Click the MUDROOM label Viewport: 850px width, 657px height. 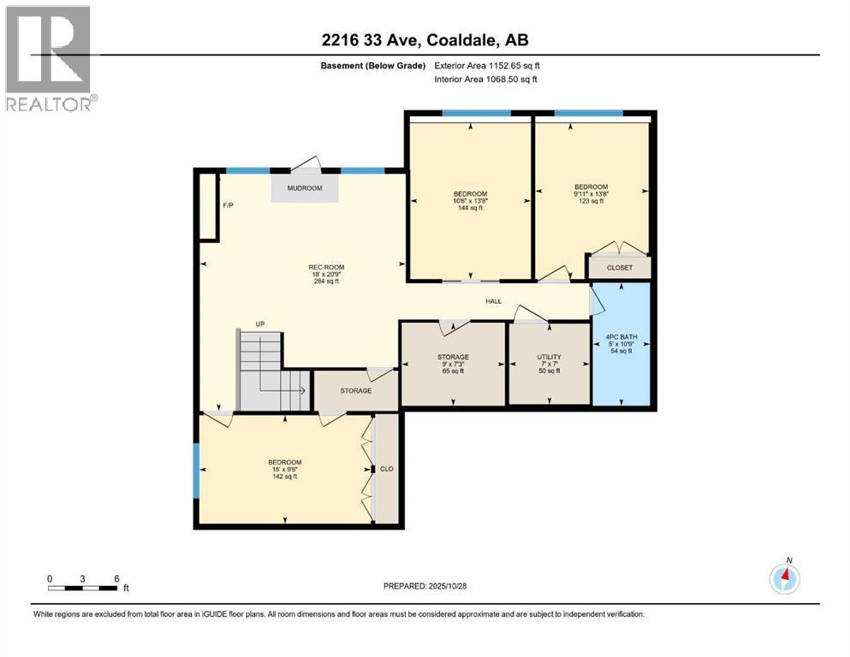coord(305,188)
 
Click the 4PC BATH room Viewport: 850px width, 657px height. coord(623,343)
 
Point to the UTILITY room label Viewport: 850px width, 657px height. coord(549,364)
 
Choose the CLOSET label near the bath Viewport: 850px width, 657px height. coord(619,268)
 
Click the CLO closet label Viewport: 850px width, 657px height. coord(386,469)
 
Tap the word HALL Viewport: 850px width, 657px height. coord(494,301)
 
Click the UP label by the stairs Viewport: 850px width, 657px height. coord(259,324)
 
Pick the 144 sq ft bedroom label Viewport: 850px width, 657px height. coord(470,201)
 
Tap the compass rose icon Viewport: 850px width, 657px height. coord(785,579)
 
